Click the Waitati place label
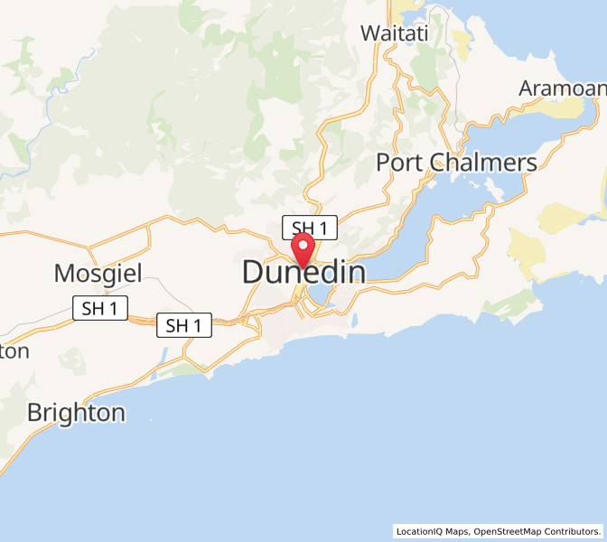[394, 33]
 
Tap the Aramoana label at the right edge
[562, 89]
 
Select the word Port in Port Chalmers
[399, 163]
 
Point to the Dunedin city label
[303, 272]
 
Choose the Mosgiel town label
[98, 272]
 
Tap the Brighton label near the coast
[76, 413]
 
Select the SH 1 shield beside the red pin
[309, 227]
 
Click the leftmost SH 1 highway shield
[99, 308]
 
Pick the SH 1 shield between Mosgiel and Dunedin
[184, 325]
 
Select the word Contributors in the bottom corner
[574, 531]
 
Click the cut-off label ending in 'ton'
[14, 350]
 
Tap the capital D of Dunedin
[254, 272]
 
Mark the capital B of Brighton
[35, 413]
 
